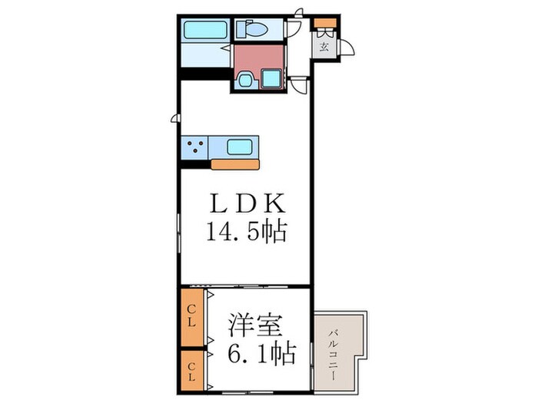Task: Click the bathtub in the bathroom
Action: (205, 31)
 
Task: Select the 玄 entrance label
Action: (324, 47)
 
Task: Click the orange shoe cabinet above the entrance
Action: (324, 21)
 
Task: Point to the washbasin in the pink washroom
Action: (247, 79)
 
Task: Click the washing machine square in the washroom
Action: (271, 78)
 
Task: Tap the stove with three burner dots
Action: (194, 146)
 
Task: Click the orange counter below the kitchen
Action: (235, 164)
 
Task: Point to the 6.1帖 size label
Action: (260, 355)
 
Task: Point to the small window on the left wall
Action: (175, 119)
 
